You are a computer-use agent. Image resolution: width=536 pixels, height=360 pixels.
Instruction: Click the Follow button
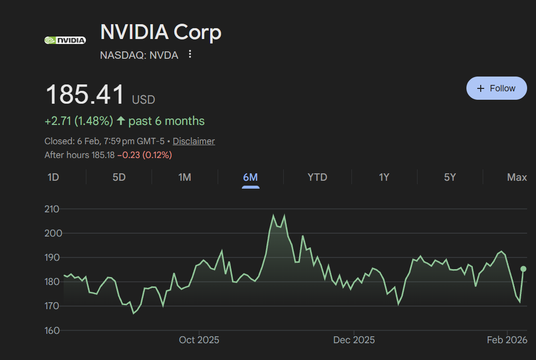(x=497, y=88)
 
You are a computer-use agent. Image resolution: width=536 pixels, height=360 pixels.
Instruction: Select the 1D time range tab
(x=53, y=177)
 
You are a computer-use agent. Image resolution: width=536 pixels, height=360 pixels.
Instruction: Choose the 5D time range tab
(x=119, y=177)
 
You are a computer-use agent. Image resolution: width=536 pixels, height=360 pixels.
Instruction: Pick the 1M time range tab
(x=185, y=177)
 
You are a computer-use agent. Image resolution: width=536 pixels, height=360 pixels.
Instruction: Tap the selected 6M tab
(x=250, y=177)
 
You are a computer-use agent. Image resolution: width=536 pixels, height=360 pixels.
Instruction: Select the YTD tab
(x=317, y=177)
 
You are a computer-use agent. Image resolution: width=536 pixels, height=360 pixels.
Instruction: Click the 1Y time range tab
(x=384, y=177)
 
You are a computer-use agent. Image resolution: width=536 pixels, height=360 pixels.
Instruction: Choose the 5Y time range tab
(x=450, y=177)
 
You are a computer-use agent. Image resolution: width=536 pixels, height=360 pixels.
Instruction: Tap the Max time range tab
(x=517, y=177)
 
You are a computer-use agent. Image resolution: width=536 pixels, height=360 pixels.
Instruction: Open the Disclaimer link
(x=193, y=141)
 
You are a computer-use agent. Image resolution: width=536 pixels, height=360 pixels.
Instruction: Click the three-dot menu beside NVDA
(x=190, y=54)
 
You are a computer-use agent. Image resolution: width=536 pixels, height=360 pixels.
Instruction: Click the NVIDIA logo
(x=65, y=40)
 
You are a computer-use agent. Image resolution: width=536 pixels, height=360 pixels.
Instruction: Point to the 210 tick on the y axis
(x=52, y=209)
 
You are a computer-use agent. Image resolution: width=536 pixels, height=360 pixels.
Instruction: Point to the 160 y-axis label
(x=52, y=330)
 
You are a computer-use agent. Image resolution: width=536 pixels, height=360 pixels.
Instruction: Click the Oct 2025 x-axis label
(x=199, y=340)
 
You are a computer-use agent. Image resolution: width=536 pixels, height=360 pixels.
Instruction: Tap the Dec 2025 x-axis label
(x=354, y=340)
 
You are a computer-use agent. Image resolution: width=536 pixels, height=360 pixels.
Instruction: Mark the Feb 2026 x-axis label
(x=507, y=340)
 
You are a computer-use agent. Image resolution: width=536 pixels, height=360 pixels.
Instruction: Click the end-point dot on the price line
(x=524, y=269)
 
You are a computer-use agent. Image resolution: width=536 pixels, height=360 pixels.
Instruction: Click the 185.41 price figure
(x=85, y=95)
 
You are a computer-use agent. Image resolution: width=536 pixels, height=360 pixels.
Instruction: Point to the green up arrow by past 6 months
(x=121, y=121)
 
